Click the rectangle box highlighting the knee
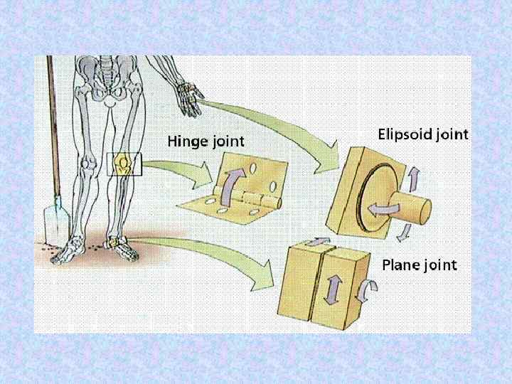pyautogui.click(x=124, y=165)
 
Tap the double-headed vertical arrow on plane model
pyautogui.click(x=331, y=291)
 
